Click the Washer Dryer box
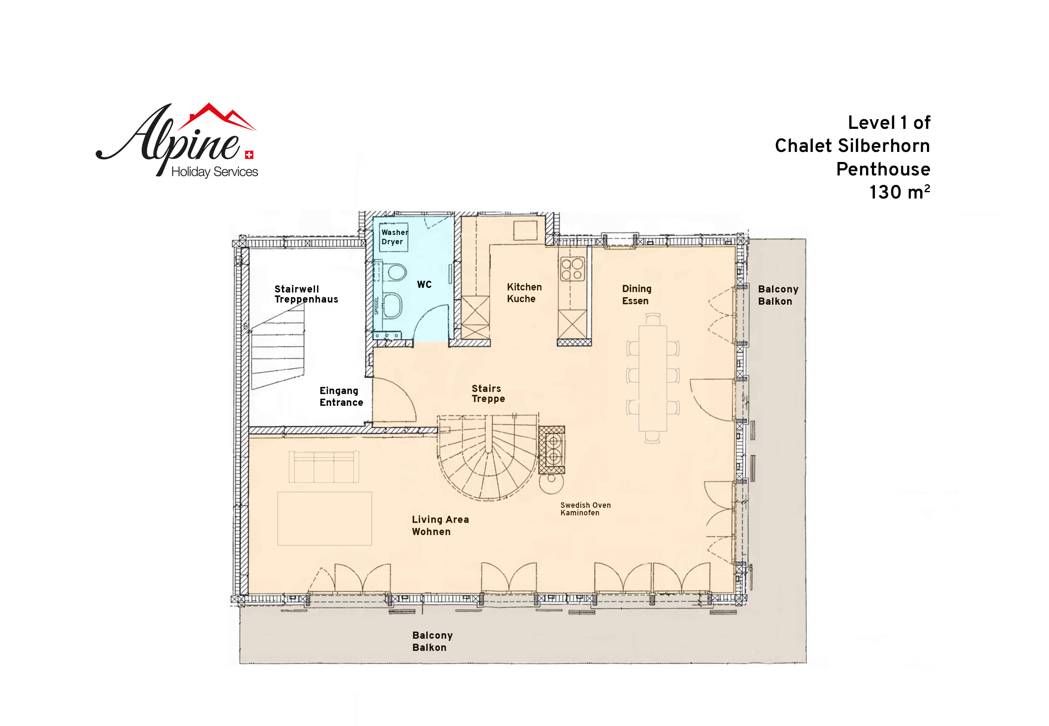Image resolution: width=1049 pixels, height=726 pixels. [393, 237]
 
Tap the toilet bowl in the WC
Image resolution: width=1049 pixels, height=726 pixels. [396, 272]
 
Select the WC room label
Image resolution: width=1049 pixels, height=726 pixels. [424, 284]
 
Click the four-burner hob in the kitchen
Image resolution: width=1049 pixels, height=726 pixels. [572, 269]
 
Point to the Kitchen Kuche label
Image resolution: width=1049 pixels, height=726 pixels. [524, 293]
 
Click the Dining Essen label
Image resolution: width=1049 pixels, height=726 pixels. [637, 295]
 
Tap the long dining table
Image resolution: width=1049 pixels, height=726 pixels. [652, 378]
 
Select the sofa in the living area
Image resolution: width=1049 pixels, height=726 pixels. [324, 467]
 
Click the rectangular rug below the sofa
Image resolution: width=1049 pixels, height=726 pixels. [325, 519]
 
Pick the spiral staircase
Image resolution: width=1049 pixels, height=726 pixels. [488, 457]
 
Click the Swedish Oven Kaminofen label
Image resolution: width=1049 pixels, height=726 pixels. [585, 509]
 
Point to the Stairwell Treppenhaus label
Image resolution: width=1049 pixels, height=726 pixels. [306, 294]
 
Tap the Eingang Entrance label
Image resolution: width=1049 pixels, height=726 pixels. [341, 397]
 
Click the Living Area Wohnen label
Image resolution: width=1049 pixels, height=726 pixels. [440, 525]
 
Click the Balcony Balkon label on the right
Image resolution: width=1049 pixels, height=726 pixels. [778, 295]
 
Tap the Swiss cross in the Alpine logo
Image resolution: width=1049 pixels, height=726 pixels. [249, 155]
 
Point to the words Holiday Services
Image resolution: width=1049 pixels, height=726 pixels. [214, 172]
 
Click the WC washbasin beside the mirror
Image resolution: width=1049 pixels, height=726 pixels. [393, 305]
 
